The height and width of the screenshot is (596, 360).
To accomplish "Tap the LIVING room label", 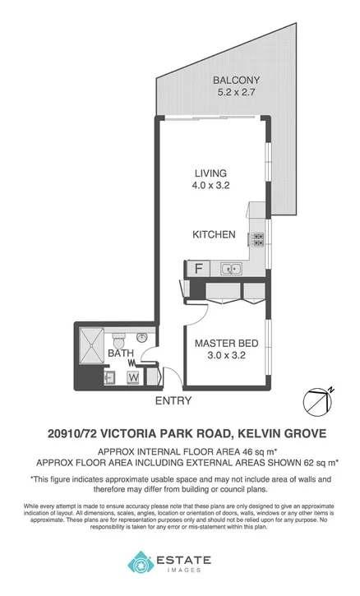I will point(210,173).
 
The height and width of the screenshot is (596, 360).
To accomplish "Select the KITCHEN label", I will point(214,234).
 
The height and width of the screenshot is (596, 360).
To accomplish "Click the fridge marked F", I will point(197,268).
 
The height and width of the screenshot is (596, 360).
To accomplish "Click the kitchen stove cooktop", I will point(258,239).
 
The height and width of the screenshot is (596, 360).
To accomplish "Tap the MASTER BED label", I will point(223,343).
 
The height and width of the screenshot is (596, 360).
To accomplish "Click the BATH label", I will point(120,353).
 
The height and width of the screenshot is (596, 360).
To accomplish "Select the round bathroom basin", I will point(141,337).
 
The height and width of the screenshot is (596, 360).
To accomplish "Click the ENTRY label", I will point(173,401).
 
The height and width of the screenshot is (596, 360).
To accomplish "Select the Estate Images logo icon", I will point(139,563).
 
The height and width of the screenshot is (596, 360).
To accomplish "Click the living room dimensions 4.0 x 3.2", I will point(210,186).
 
